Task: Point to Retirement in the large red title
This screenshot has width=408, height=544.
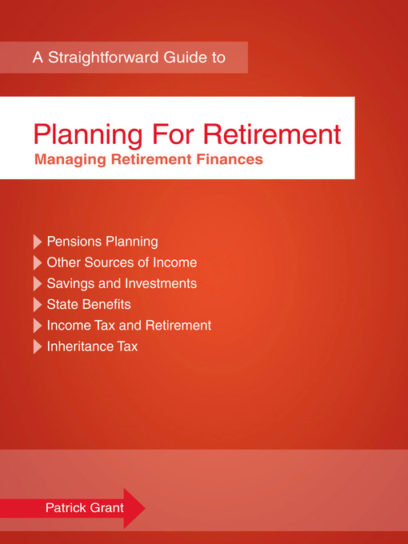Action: tap(275, 133)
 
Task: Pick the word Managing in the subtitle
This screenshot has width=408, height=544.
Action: tap(68, 159)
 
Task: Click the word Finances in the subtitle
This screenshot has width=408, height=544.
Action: tap(232, 159)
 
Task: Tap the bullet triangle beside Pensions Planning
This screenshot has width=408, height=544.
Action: tap(37, 242)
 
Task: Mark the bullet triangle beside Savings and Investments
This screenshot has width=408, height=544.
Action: tap(37, 284)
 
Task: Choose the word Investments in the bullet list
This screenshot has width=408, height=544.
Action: tap(159, 284)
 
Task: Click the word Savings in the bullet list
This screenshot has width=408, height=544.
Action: tap(70, 284)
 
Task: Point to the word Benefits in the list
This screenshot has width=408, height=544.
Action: tap(106, 305)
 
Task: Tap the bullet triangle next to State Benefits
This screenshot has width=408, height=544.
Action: tap(37, 305)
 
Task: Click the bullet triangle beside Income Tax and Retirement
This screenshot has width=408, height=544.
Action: tap(37, 326)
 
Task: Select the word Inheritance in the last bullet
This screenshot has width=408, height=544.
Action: tap(81, 346)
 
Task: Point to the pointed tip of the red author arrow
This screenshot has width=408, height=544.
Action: tap(144, 507)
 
